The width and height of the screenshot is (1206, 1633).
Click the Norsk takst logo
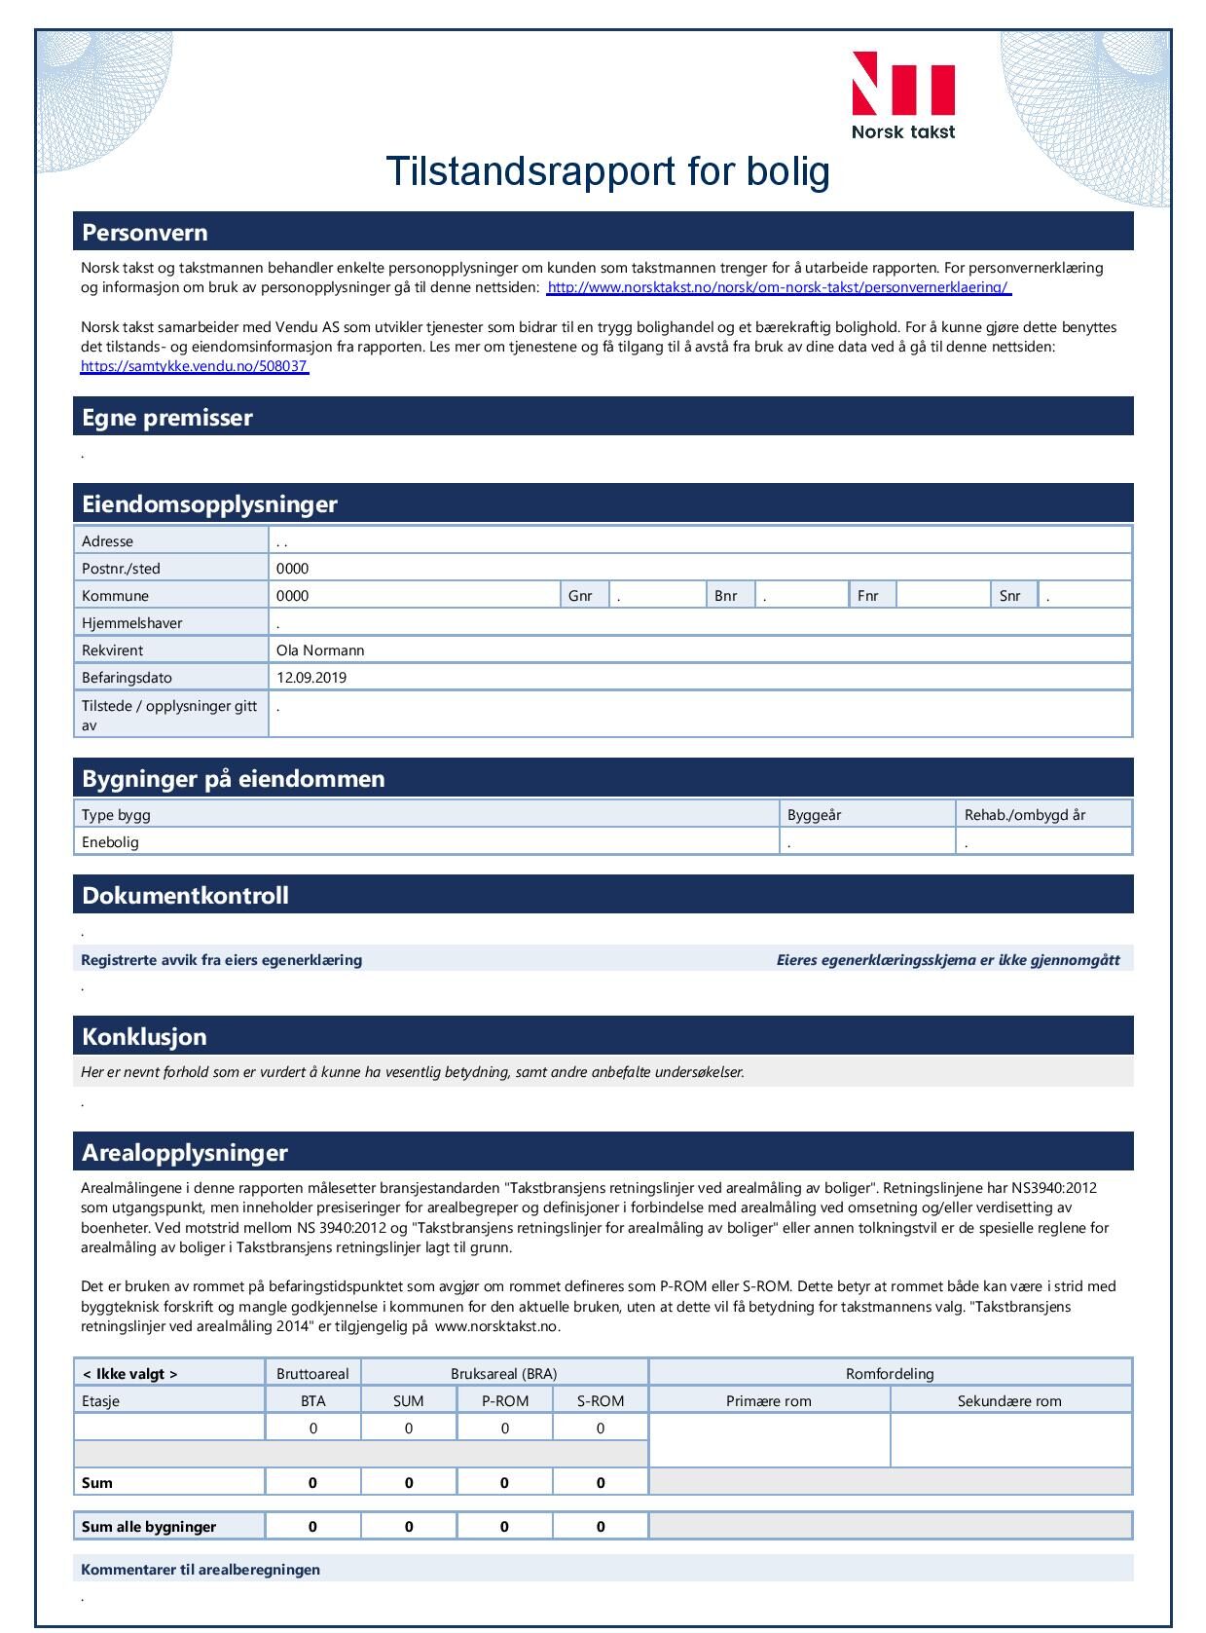coord(902,95)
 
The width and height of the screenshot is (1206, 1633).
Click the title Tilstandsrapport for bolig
coord(607,171)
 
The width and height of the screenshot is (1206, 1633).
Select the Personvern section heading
coord(145,233)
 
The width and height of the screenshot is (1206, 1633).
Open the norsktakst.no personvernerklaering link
coord(779,287)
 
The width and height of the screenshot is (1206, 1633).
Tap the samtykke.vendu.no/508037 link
coord(195,366)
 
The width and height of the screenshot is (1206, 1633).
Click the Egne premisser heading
coord(167,418)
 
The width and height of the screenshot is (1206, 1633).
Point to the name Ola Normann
coord(320,650)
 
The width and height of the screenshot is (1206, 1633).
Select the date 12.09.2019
coord(311,678)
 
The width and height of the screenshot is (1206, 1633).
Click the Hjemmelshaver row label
coord(132,623)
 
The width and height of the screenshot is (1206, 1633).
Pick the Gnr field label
coord(580,596)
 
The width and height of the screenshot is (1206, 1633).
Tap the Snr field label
coord(1010,596)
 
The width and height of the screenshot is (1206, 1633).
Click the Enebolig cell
coord(111,842)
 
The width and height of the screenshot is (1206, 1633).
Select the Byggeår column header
coord(814,815)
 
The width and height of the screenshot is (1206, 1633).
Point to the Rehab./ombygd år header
coord(1024,815)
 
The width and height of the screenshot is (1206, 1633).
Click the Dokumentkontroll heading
coord(185,896)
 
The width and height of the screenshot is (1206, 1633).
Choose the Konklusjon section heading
coord(144,1036)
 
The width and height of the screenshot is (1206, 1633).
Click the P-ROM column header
coord(505,1401)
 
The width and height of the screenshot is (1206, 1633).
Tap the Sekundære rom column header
coord(1009,1401)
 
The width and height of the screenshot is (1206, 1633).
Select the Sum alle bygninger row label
coord(149,1527)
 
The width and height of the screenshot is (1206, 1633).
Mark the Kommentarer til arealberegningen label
coord(201,1570)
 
